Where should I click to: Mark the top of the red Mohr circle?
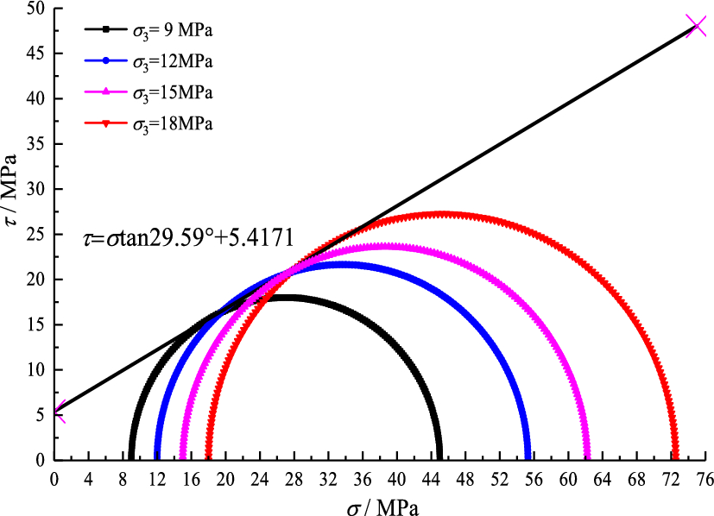(441, 214)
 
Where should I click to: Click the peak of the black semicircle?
(285, 298)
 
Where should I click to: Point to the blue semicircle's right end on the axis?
(528, 457)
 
